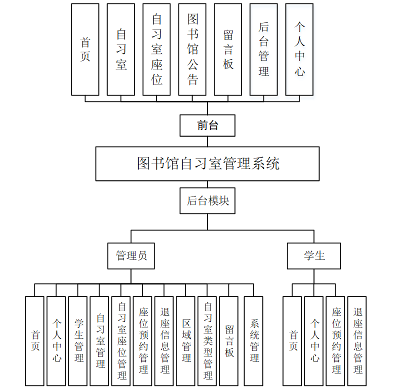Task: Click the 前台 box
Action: (x=207, y=125)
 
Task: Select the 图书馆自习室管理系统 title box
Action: (x=207, y=163)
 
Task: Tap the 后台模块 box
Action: (x=207, y=201)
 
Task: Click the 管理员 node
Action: (x=131, y=256)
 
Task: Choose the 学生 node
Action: (x=314, y=256)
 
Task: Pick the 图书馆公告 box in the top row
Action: (x=192, y=49)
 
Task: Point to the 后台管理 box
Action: (x=263, y=49)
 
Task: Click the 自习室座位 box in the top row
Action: (x=156, y=49)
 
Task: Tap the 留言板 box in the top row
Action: (x=228, y=49)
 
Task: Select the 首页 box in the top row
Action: (x=85, y=49)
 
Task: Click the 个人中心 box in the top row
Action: (x=299, y=49)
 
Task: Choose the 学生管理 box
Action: (x=78, y=341)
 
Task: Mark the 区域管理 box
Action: (x=186, y=341)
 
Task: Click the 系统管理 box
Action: (x=254, y=341)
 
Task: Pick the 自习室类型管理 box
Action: (x=207, y=341)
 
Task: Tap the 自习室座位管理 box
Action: (x=121, y=341)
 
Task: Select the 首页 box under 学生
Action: (x=292, y=341)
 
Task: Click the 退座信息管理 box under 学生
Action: (x=357, y=341)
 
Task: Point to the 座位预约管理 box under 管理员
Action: (x=143, y=341)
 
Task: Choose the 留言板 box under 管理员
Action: (x=229, y=341)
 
